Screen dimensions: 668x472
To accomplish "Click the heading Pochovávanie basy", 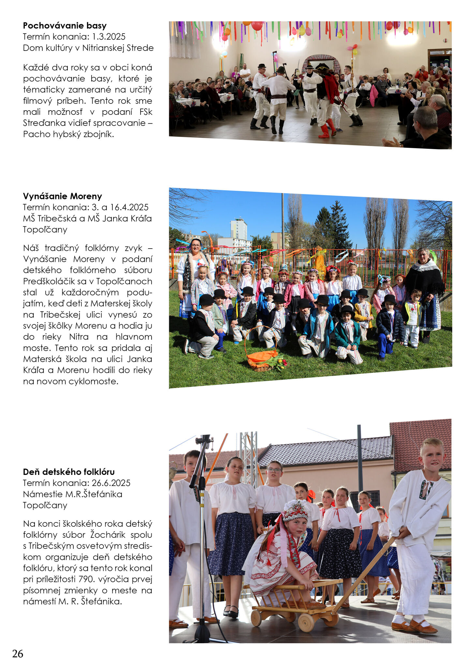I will coord(65,26).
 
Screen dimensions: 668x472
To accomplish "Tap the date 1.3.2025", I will coord(109,37).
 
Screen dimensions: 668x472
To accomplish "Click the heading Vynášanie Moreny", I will coord(62,196).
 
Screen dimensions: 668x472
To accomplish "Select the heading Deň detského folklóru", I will coord(69,472).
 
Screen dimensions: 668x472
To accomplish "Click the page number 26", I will coord(18,654).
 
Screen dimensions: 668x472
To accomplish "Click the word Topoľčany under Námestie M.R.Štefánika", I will coord(45,505).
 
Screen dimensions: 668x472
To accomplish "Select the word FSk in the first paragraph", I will coord(146,112).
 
